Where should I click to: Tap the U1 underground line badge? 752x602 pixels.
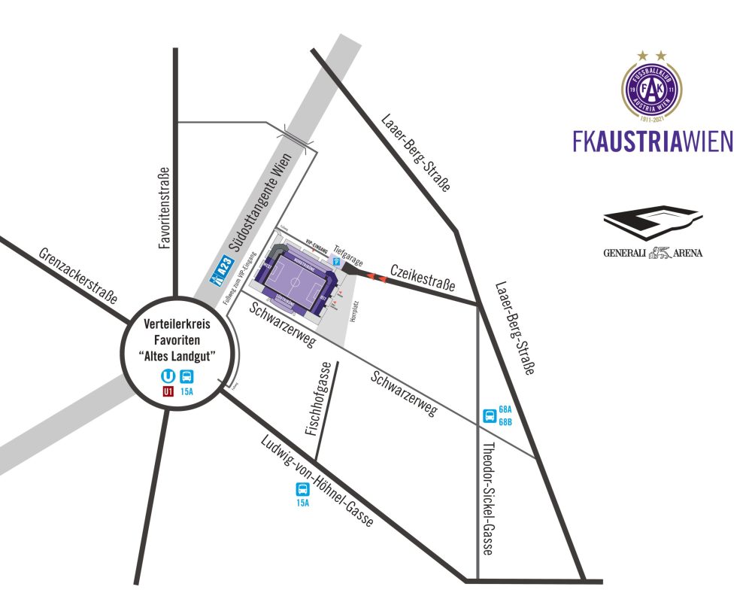tap(168, 391)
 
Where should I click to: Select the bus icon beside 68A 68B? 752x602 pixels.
tap(489, 415)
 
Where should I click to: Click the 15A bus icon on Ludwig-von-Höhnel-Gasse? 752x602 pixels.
tap(302, 488)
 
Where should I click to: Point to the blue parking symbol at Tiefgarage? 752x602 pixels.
tap(336, 261)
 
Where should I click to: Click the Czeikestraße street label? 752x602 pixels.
tap(423, 276)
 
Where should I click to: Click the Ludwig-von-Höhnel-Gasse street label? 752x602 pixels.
tap(315, 482)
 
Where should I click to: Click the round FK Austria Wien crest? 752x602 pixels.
tap(653, 90)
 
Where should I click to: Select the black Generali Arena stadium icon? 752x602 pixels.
tap(652, 222)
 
